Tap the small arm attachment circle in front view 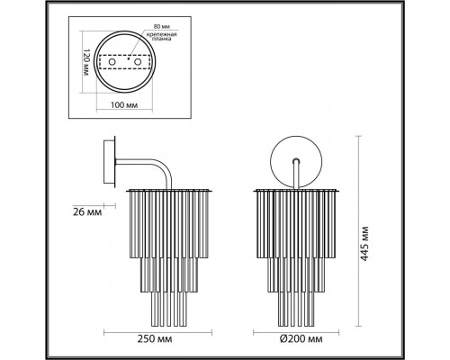pyautogui.click(x=295, y=159)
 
